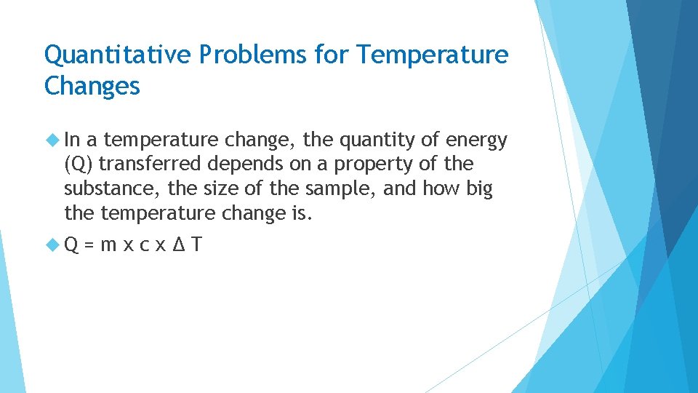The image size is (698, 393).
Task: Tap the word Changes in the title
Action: (92, 86)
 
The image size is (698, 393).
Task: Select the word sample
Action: (337, 189)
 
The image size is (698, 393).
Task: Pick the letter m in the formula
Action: (108, 246)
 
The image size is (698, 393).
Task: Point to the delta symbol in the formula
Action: (180, 245)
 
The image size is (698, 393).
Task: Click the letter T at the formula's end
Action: (196, 245)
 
